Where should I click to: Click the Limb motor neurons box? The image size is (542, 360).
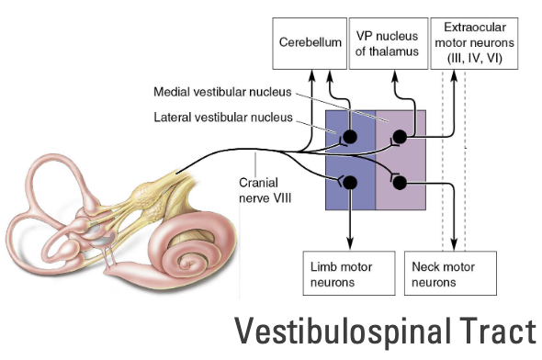point(341,273)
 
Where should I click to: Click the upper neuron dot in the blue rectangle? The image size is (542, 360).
point(350,139)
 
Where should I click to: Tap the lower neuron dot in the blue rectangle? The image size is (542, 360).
point(350,182)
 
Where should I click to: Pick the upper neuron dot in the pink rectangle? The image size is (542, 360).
point(401,139)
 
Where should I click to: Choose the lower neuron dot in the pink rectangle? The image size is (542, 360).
point(400,182)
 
